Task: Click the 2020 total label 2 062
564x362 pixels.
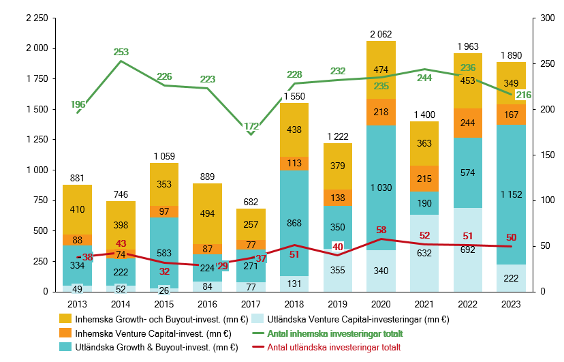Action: (x=381, y=33)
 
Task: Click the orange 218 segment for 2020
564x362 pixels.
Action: (x=381, y=112)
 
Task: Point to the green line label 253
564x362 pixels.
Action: (x=121, y=52)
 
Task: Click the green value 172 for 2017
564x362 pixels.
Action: (x=251, y=126)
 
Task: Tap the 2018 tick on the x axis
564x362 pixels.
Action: (x=294, y=304)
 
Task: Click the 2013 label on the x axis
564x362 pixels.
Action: (x=78, y=304)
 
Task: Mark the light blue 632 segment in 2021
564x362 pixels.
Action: (x=424, y=253)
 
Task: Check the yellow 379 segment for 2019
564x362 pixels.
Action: (x=338, y=166)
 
